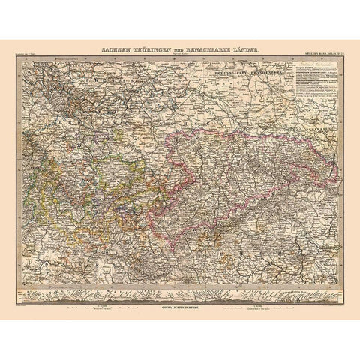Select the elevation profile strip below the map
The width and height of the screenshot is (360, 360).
(180, 291)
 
